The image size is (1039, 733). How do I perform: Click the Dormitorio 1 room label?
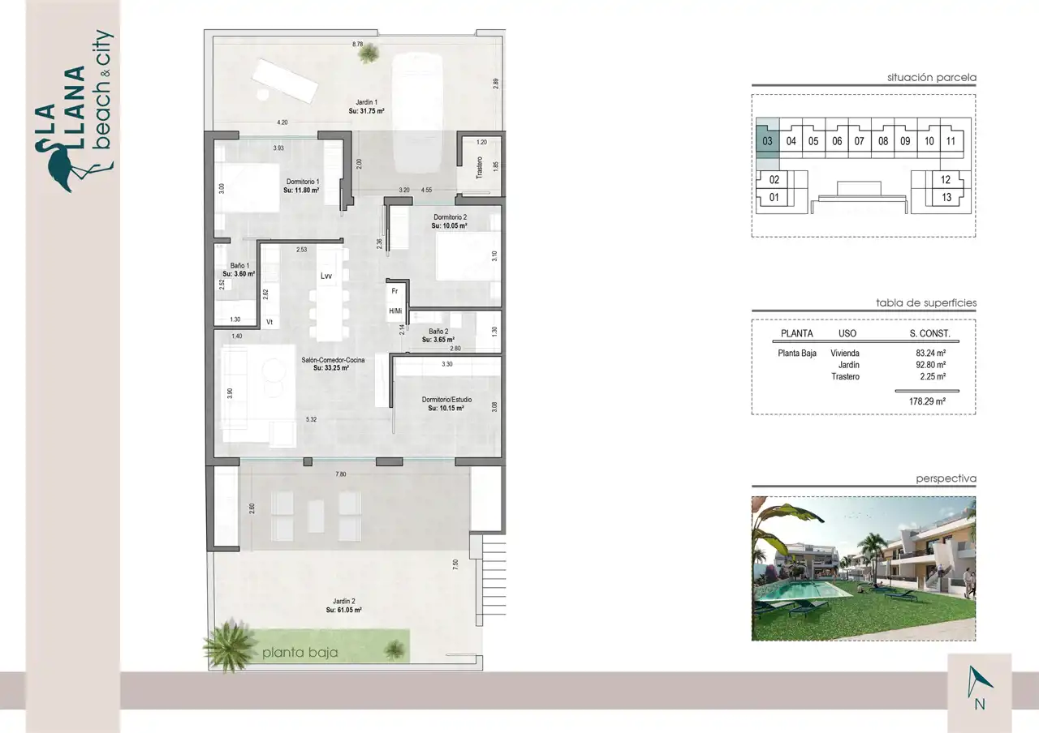tap(303, 182)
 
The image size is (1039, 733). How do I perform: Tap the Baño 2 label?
tap(438, 332)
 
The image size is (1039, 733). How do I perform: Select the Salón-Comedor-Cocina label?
tap(333, 360)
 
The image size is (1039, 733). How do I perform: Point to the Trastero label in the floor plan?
tap(479, 168)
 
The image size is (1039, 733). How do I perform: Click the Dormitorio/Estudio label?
tap(446, 400)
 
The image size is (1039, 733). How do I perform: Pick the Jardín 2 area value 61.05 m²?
tap(343, 611)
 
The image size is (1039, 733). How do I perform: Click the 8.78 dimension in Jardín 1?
tap(358, 45)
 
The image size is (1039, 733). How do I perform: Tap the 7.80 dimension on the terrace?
tap(340, 474)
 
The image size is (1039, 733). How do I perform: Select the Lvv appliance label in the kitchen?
tap(326, 276)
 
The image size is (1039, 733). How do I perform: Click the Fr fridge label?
tap(394, 291)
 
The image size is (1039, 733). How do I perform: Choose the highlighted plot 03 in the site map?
tap(767, 141)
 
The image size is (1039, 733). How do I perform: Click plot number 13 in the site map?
tap(946, 198)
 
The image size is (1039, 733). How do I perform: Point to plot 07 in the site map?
tap(859, 141)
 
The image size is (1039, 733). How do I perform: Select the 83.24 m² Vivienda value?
tap(930, 353)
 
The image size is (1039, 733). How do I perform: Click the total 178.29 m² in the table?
tap(927, 401)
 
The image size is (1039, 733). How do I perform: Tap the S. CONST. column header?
tap(929, 333)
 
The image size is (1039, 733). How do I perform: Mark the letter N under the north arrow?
tap(980, 705)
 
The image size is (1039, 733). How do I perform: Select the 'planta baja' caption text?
tap(300, 653)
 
